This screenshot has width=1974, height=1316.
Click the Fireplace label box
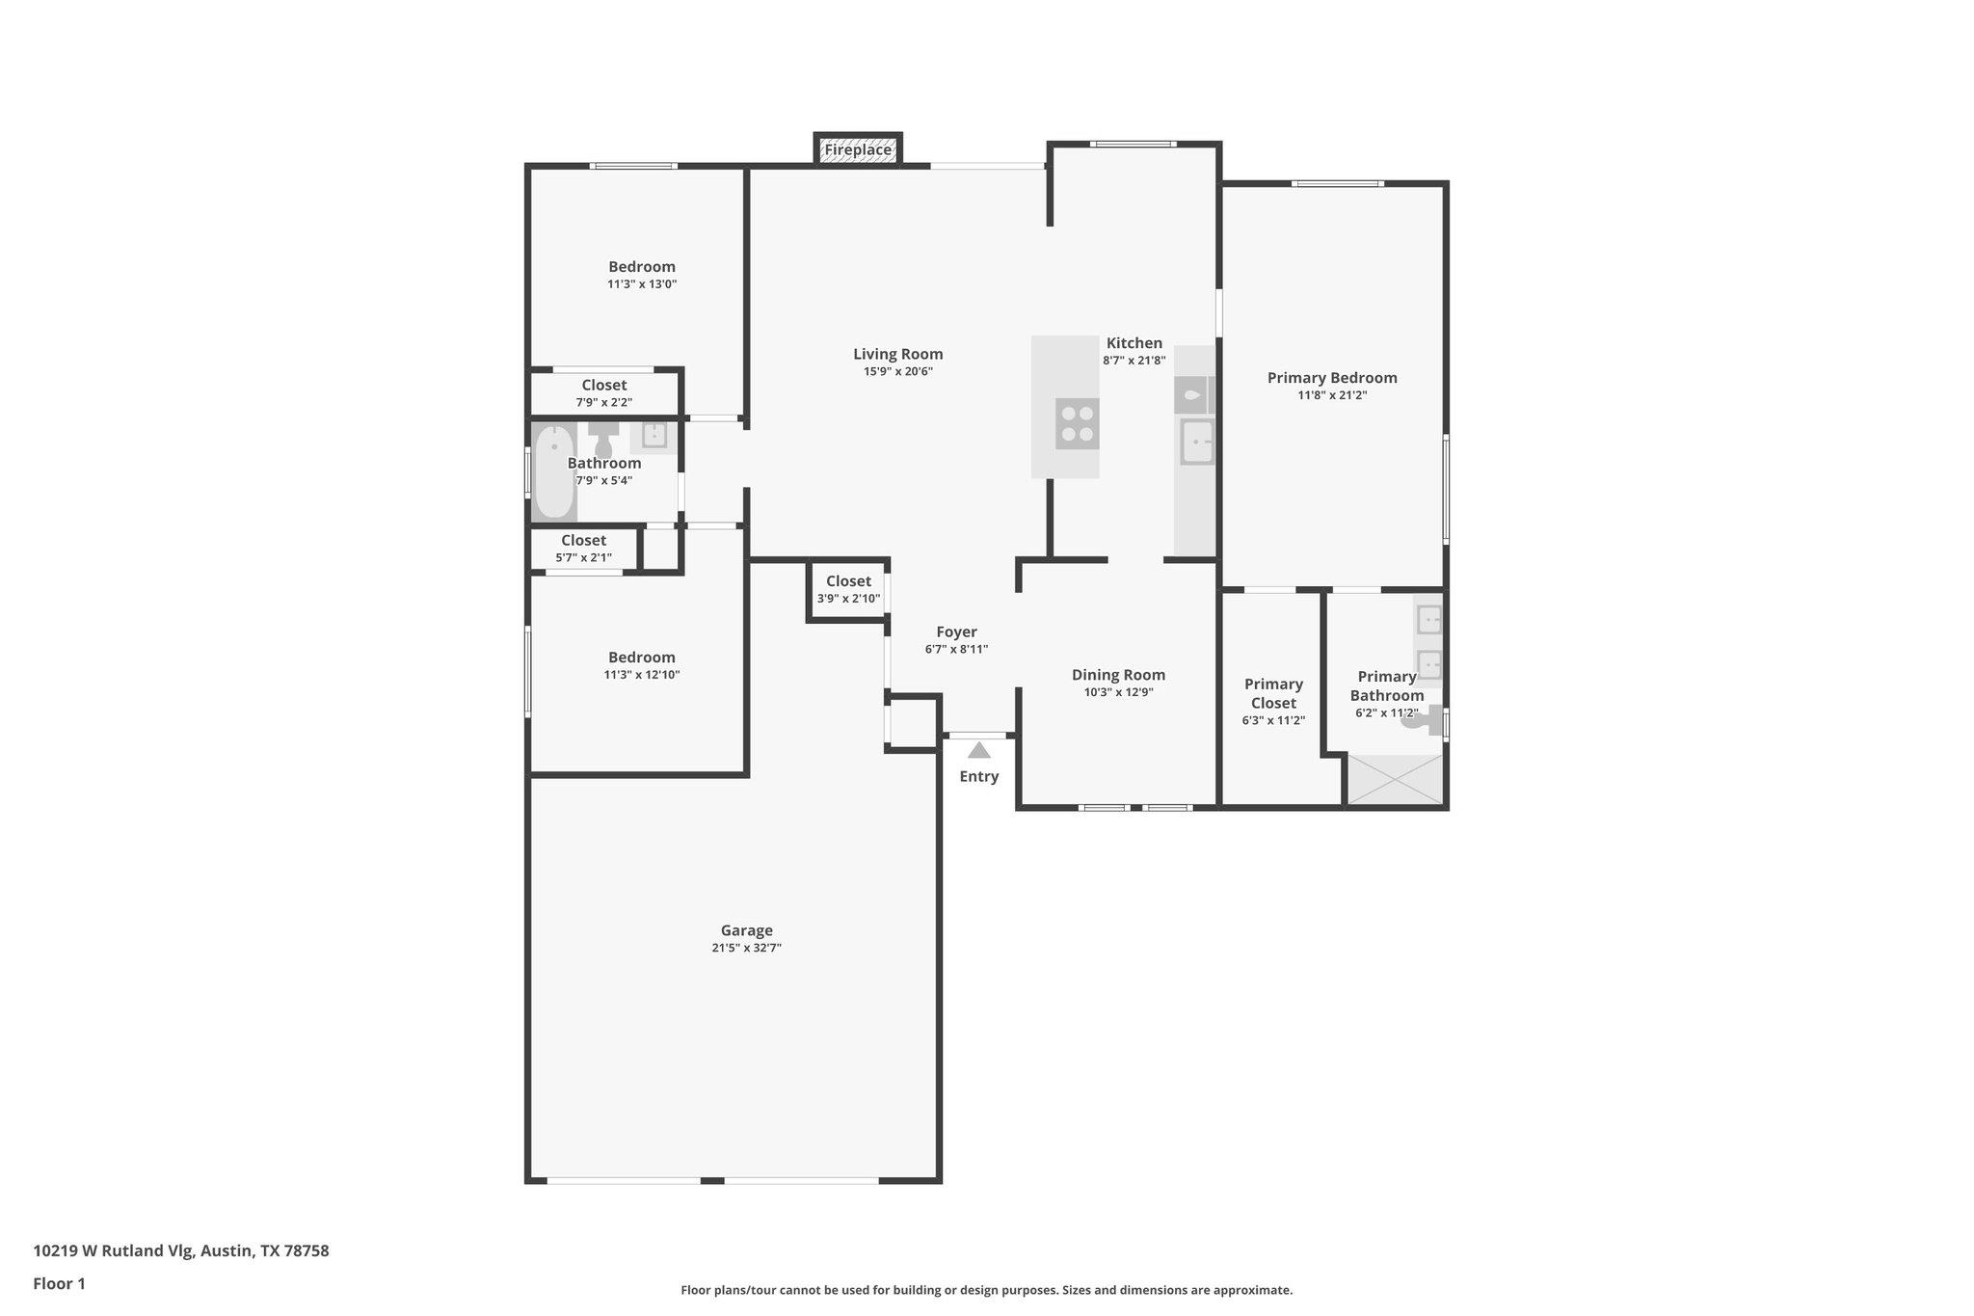[858, 149]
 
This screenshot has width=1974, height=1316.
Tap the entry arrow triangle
[978, 750]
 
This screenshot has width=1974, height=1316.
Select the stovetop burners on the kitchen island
[1077, 424]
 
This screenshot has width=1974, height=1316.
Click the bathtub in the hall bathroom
[553, 472]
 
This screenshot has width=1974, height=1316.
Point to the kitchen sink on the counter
[1196, 443]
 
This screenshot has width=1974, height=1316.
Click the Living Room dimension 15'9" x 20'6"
[897, 371]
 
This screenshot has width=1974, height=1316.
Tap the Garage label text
[746, 930]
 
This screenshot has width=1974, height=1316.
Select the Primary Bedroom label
[1331, 378]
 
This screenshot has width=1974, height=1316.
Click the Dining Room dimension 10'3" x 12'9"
[1118, 692]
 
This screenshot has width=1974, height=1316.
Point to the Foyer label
[956, 632]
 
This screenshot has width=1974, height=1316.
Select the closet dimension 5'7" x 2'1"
[583, 558]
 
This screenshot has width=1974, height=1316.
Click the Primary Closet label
[1273, 693]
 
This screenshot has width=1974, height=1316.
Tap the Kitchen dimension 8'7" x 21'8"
[1134, 361]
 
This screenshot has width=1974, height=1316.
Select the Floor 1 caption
[59, 1284]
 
